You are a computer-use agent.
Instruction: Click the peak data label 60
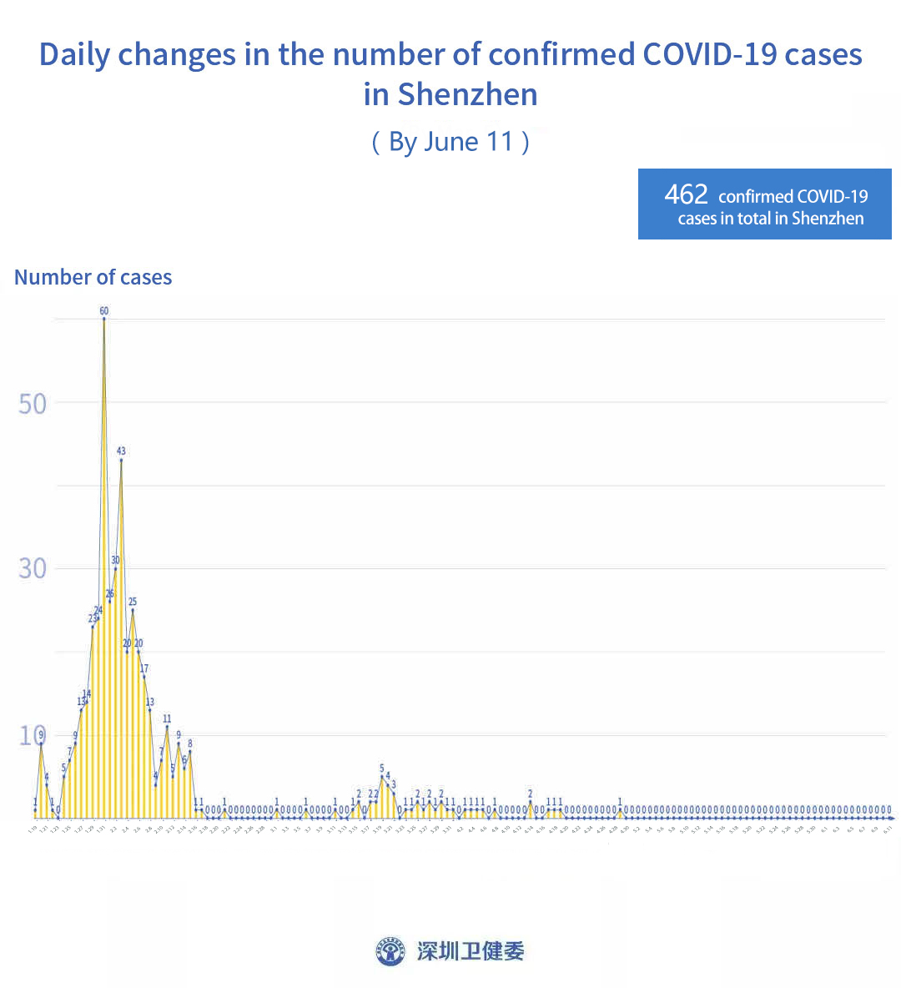104,311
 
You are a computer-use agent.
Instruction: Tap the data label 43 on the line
121,451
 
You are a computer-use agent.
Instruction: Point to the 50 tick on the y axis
33,404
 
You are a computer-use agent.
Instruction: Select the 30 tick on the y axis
33,569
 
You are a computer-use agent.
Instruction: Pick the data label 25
133,602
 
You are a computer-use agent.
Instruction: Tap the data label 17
144,669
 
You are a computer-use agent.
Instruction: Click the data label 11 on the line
167,718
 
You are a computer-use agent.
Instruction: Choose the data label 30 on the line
115,560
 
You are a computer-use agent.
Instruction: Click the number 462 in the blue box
686,194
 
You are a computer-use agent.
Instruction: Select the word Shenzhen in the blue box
828,219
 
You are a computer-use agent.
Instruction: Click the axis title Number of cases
93,278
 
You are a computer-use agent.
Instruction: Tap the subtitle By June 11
450,142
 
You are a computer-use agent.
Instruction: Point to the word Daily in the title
74,55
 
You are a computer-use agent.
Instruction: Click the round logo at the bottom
390,951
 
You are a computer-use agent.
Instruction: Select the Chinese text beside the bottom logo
471,951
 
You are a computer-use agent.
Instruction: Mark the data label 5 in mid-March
382,768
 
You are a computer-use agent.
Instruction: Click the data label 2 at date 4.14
530,794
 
